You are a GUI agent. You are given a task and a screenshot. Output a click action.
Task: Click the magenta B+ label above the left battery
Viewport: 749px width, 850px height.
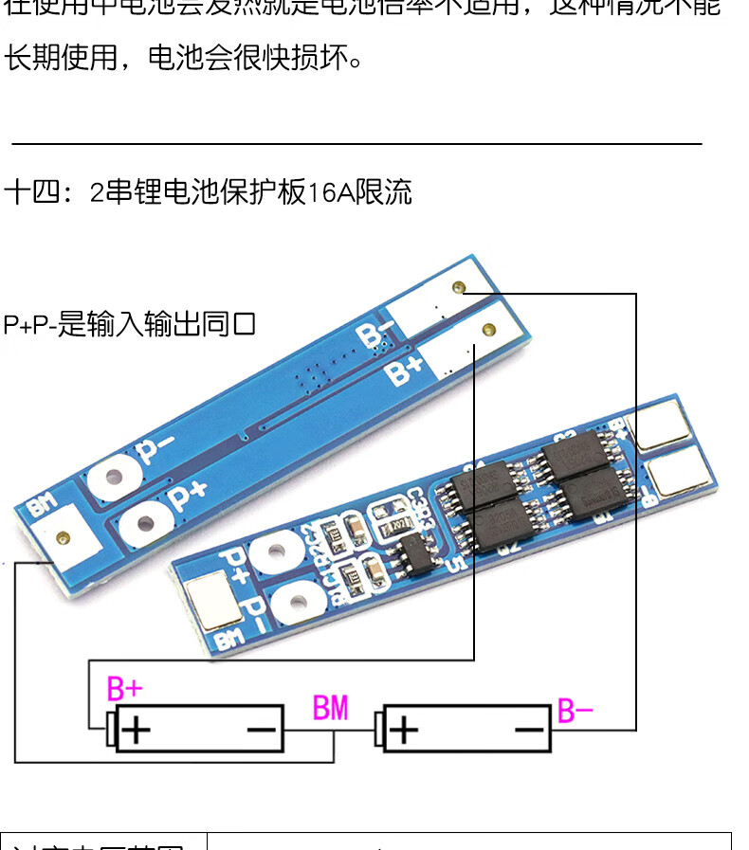(125, 688)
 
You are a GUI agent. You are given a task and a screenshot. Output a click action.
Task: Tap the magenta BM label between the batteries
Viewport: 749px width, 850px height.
(331, 708)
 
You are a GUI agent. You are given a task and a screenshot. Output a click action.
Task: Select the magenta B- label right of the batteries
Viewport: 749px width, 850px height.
(575, 711)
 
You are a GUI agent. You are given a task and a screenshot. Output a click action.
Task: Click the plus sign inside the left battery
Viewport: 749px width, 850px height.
(139, 731)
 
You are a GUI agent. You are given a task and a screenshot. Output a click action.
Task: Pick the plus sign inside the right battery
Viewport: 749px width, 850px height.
(404, 731)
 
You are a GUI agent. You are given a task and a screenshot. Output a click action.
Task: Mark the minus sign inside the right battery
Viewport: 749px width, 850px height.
(530, 731)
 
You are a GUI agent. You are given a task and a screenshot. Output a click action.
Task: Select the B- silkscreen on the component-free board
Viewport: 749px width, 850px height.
(375, 335)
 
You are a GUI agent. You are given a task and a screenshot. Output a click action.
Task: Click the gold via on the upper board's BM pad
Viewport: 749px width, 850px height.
(63, 538)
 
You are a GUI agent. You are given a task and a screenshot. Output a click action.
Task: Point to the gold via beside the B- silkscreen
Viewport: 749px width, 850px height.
(459, 287)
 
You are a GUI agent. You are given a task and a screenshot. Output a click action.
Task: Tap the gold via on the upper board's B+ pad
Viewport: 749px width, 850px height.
(489, 331)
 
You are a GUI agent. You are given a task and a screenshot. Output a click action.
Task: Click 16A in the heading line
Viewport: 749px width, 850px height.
(330, 194)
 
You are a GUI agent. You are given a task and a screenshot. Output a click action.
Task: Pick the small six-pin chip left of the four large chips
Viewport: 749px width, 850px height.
(413, 550)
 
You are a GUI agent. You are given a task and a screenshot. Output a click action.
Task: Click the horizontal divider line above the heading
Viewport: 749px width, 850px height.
(356, 144)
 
